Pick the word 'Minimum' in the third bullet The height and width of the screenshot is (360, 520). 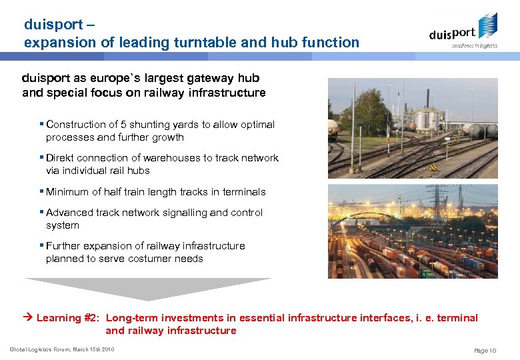click(67, 192)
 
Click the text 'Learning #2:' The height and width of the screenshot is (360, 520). click(67, 318)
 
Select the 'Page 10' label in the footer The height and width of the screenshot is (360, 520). click(485, 350)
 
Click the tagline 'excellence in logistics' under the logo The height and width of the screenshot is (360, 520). click(474, 46)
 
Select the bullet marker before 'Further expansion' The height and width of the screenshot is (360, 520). click(42, 245)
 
